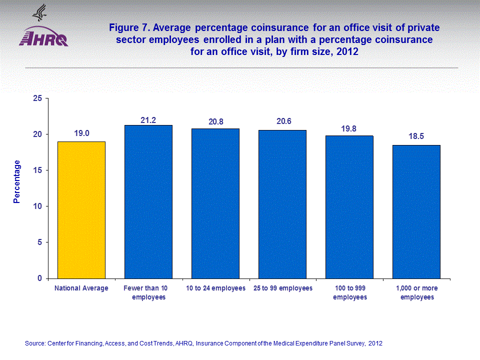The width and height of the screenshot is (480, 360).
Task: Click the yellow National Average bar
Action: pyautogui.click(x=81, y=210)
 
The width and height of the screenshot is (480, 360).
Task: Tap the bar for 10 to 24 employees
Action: pyautogui.click(x=215, y=203)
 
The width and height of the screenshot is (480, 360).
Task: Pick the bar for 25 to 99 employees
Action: pyautogui.click(x=282, y=204)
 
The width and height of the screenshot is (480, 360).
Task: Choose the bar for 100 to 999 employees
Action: pyautogui.click(x=349, y=207)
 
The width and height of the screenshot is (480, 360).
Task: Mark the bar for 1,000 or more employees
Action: pyautogui.click(x=416, y=211)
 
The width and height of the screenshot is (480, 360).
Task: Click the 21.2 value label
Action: pyautogui.click(x=148, y=120)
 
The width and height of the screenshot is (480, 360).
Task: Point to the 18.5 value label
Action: pyautogui.click(x=416, y=136)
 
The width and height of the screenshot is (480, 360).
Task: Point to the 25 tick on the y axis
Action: pyautogui.click(x=36, y=98)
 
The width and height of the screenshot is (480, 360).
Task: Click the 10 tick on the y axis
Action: pyautogui.click(x=36, y=206)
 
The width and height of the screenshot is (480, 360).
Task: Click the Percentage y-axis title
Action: pyautogui.click(x=17, y=181)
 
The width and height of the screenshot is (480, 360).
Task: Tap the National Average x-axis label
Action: pyautogui.click(x=81, y=288)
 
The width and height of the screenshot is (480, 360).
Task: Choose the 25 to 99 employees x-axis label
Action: pyautogui.click(x=283, y=288)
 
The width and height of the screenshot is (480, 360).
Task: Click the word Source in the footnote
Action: pyautogui.click(x=35, y=343)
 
